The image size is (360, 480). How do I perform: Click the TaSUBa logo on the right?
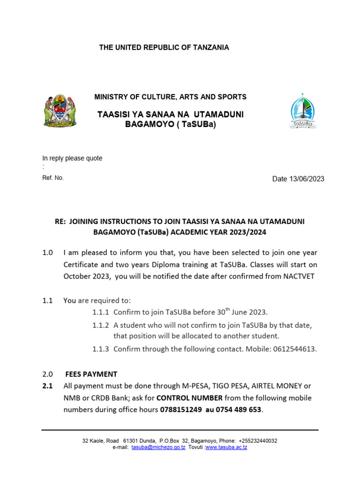pyautogui.click(x=303, y=112)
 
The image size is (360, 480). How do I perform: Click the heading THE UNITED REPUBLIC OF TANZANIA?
pyautogui.click(x=164, y=48)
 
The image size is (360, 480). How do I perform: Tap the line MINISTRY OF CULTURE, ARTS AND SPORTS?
pyautogui.click(x=170, y=97)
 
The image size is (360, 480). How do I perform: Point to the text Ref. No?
pyautogui.click(x=53, y=178)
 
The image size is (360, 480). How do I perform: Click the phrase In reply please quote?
pyautogui.click(x=72, y=158)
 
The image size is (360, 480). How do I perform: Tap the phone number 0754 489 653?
pyautogui.click(x=239, y=410)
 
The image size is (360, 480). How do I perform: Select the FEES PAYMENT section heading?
pyautogui.click(x=91, y=374)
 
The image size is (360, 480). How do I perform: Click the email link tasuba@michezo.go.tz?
pyautogui.click(x=158, y=448)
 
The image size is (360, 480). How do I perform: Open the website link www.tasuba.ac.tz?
pyautogui.click(x=226, y=448)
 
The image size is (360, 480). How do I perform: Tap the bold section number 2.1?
pyautogui.click(x=47, y=386)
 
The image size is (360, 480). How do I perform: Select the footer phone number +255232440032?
pyautogui.click(x=257, y=441)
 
